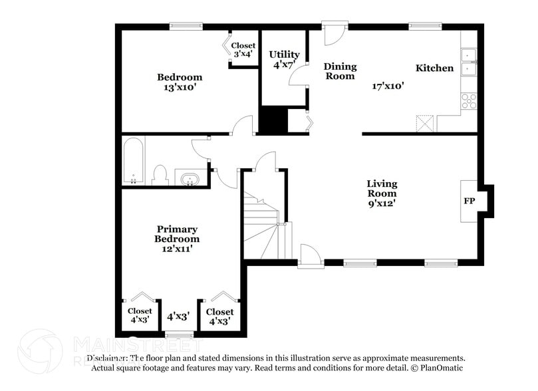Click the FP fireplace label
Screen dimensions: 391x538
point(469,200)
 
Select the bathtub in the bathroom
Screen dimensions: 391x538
point(134,160)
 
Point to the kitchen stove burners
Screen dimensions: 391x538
point(470,100)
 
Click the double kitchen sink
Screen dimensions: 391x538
point(470,61)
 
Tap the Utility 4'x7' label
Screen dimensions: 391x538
point(284,59)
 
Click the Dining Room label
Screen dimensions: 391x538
point(340,71)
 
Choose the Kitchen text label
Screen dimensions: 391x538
point(434,68)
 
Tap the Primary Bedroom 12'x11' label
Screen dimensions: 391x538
point(177,239)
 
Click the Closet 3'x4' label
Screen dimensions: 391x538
point(243,50)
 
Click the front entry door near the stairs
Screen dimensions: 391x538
point(309,256)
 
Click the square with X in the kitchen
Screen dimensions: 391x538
point(424,124)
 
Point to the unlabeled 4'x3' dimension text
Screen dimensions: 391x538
point(178,317)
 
